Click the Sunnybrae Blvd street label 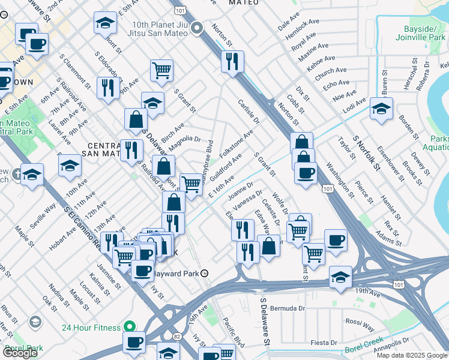[206, 158]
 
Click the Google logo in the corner [20, 353]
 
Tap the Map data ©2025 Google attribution [412, 355]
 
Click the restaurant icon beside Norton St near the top [232, 61]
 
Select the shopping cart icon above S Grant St [161, 70]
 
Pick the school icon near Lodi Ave [381, 109]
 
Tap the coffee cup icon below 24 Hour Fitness [134, 343]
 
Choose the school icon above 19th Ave [340, 277]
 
